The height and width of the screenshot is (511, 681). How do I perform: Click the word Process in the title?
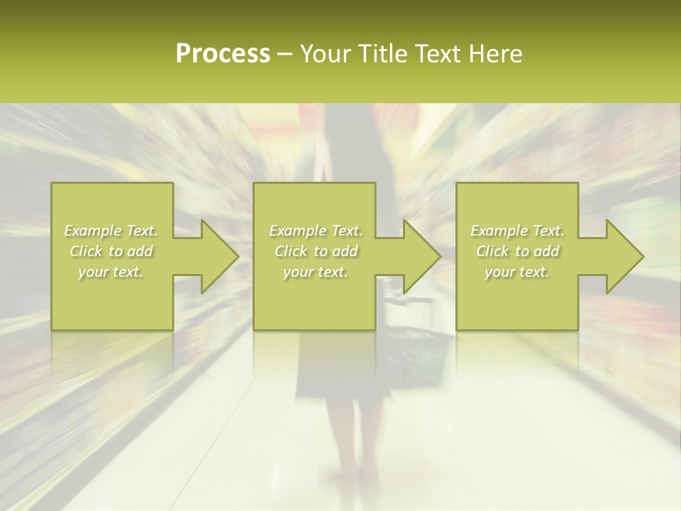[x=223, y=54]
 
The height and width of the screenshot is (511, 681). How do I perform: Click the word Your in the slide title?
[x=326, y=54]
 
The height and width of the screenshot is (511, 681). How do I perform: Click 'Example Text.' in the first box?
[x=111, y=231]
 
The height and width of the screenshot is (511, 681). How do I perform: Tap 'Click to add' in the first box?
[x=111, y=251]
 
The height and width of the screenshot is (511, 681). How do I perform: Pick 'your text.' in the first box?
[x=111, y=272]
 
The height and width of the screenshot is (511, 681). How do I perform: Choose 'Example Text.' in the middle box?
[x=316, y=231]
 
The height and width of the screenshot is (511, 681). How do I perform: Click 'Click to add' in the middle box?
[x=316, y=251]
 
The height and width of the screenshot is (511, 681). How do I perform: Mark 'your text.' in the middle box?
[x=316, y=272]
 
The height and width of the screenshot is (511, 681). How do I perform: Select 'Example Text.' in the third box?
[x=517, y=231]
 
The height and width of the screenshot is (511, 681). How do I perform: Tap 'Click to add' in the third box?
[x=517, y=251]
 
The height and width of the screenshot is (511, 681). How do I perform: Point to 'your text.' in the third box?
[x=517, y=272]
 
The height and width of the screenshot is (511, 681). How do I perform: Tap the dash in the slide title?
[x=285, y=55]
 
